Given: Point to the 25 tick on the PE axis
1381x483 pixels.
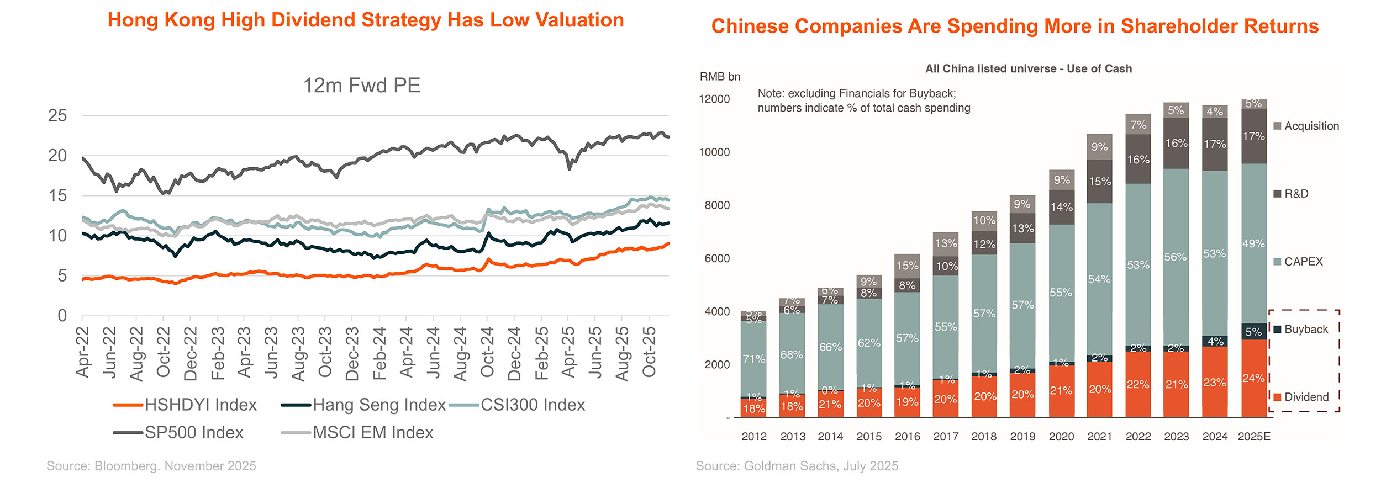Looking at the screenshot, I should pos(57,116).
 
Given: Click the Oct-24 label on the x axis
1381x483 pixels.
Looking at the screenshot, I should pos(487,352).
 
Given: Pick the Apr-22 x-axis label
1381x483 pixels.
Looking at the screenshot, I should pos(82,352).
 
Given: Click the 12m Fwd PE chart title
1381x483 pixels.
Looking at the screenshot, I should pos(362,86).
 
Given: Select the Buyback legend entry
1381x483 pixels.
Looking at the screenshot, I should pos(1306,330).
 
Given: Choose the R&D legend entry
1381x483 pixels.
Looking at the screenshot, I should pos(1296,194).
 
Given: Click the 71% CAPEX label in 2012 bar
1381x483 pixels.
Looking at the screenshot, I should pos(754,359).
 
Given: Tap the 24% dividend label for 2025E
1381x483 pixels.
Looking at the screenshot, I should pos(1253,379).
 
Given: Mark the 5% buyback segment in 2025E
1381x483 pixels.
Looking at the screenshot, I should pos(1253,332).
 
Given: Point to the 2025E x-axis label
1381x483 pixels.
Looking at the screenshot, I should pos(1254,437).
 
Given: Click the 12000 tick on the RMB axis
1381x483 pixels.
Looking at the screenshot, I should pos(714,99).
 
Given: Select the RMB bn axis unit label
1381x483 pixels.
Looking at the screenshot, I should pos(720,77).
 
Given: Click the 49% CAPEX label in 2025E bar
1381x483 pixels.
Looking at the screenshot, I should pos(1253,243).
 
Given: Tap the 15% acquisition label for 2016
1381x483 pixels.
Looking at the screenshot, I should pos(907,266).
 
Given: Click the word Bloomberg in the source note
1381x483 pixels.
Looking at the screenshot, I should pos(126,466).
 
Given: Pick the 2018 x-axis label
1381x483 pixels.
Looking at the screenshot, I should pos(984,437).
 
